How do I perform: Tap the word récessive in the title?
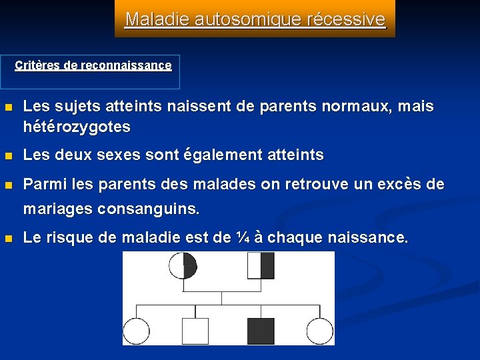347,19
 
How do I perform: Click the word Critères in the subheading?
35,65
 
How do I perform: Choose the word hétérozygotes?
77,126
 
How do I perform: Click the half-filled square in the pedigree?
261,265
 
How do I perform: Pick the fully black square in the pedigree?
261,331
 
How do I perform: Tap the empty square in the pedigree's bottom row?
195,331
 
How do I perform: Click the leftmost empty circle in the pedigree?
136,331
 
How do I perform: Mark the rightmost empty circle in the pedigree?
320,331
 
